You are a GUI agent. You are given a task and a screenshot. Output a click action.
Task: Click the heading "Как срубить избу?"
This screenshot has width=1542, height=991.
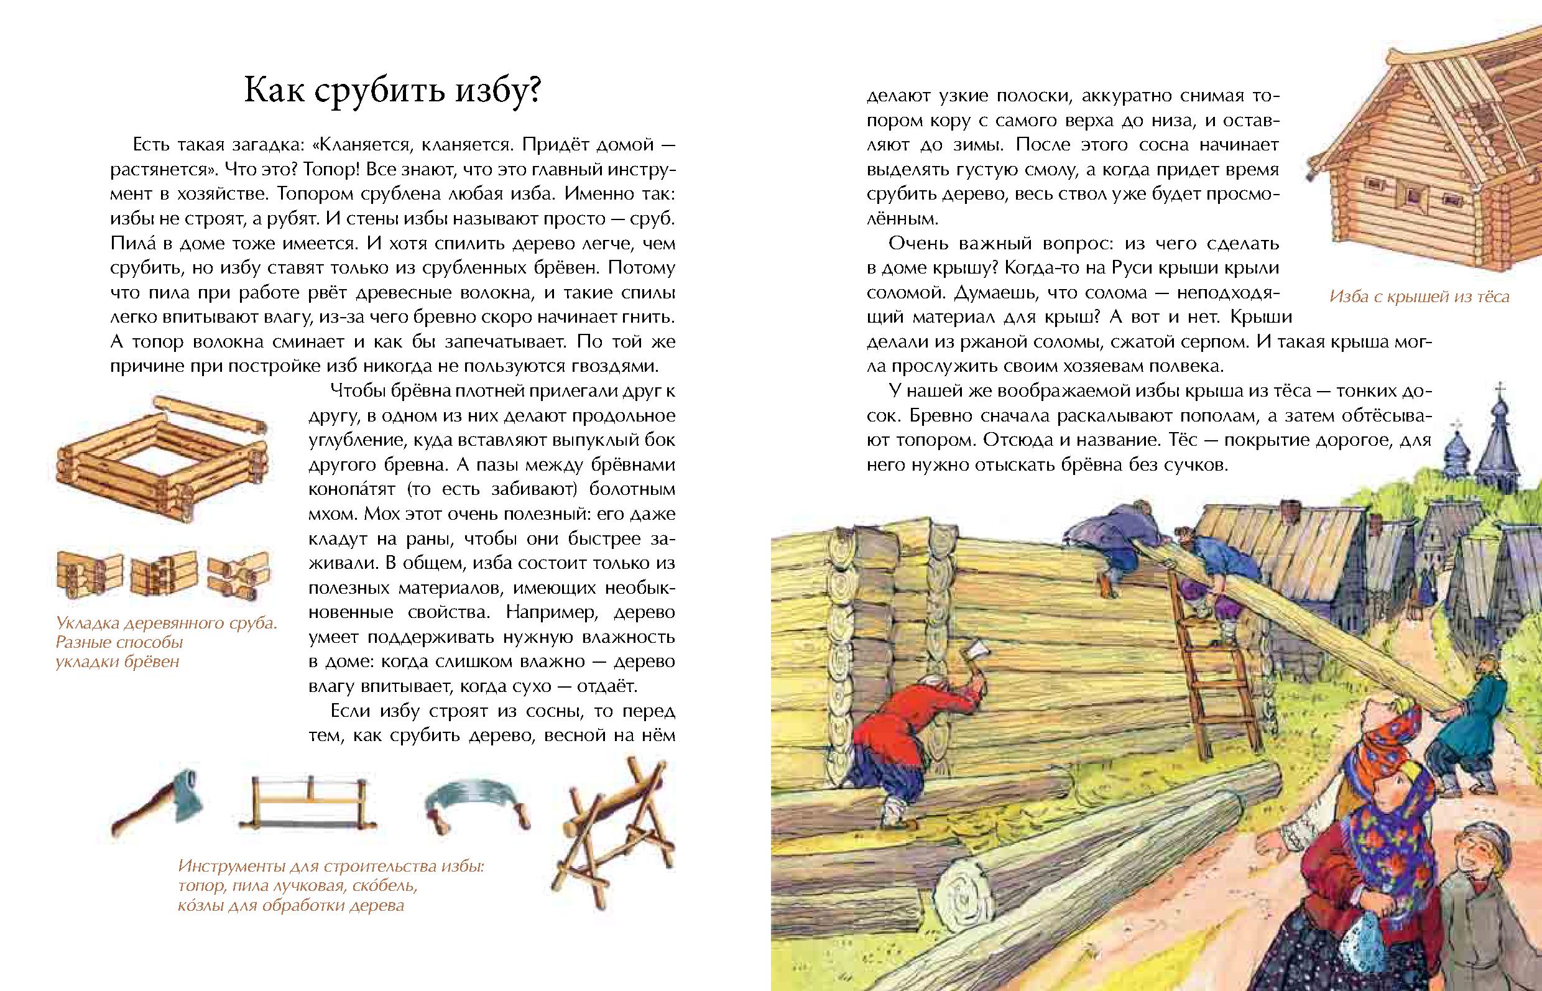tap(392, 91)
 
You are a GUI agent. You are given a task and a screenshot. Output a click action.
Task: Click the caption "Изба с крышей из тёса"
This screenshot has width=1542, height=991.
tap(1418, 297)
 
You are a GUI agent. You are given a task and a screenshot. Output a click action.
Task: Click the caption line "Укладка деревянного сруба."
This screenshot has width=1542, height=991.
tap(167, 623)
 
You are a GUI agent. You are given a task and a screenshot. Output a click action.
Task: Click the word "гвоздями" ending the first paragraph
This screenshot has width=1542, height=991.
tap(614, 366)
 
